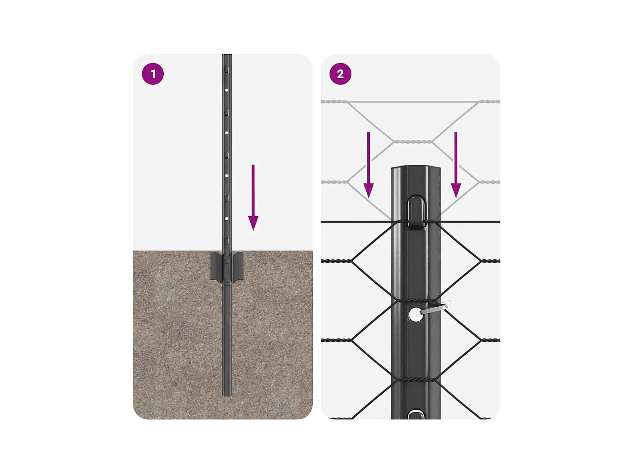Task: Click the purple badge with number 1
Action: coord(153,74)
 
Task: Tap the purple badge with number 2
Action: coord(340,74)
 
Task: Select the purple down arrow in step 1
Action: coord(253,197)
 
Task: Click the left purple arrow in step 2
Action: coord(368,165)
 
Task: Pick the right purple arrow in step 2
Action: coord(456,165)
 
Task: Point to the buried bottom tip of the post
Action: coord(227,396)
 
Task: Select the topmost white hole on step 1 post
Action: coord(227,90)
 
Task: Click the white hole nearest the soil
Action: coord(227,219)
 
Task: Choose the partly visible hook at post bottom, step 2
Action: coord(416,414)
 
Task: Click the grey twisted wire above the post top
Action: coord(413,142)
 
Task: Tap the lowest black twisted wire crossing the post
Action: coord(415,380)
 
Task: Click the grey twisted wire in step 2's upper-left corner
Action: coord(335,101)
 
